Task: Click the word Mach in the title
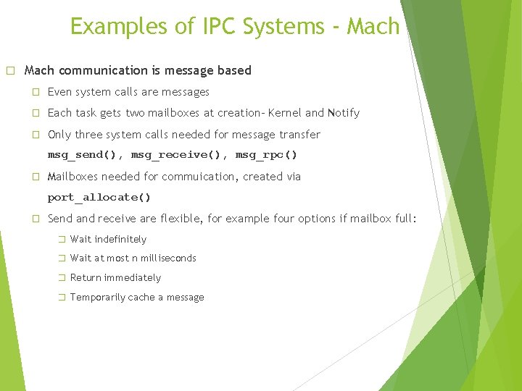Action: pyautogui.click(x=373, y=27)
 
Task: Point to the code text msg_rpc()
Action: pyautogui.click(x=266, y=155)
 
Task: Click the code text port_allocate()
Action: pyautogui.click(x=99, y=197)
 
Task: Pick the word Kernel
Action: pyautogui.click(x=285, y=113)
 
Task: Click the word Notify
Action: pyautogui.click(x=343, y=113)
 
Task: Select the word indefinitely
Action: pyautogui.click(x=120, y=239)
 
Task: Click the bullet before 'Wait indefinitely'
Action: pyautogui.click(x=62, y=239)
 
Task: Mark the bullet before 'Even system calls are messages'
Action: pyautogui.click(x=35, y=92)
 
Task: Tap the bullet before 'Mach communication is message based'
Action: pyautogui.click(x=10, y=71)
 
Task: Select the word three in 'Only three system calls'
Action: pyautogui.click(x=89, y=135)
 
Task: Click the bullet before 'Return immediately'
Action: pyautogui.click(x=62, y=278)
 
